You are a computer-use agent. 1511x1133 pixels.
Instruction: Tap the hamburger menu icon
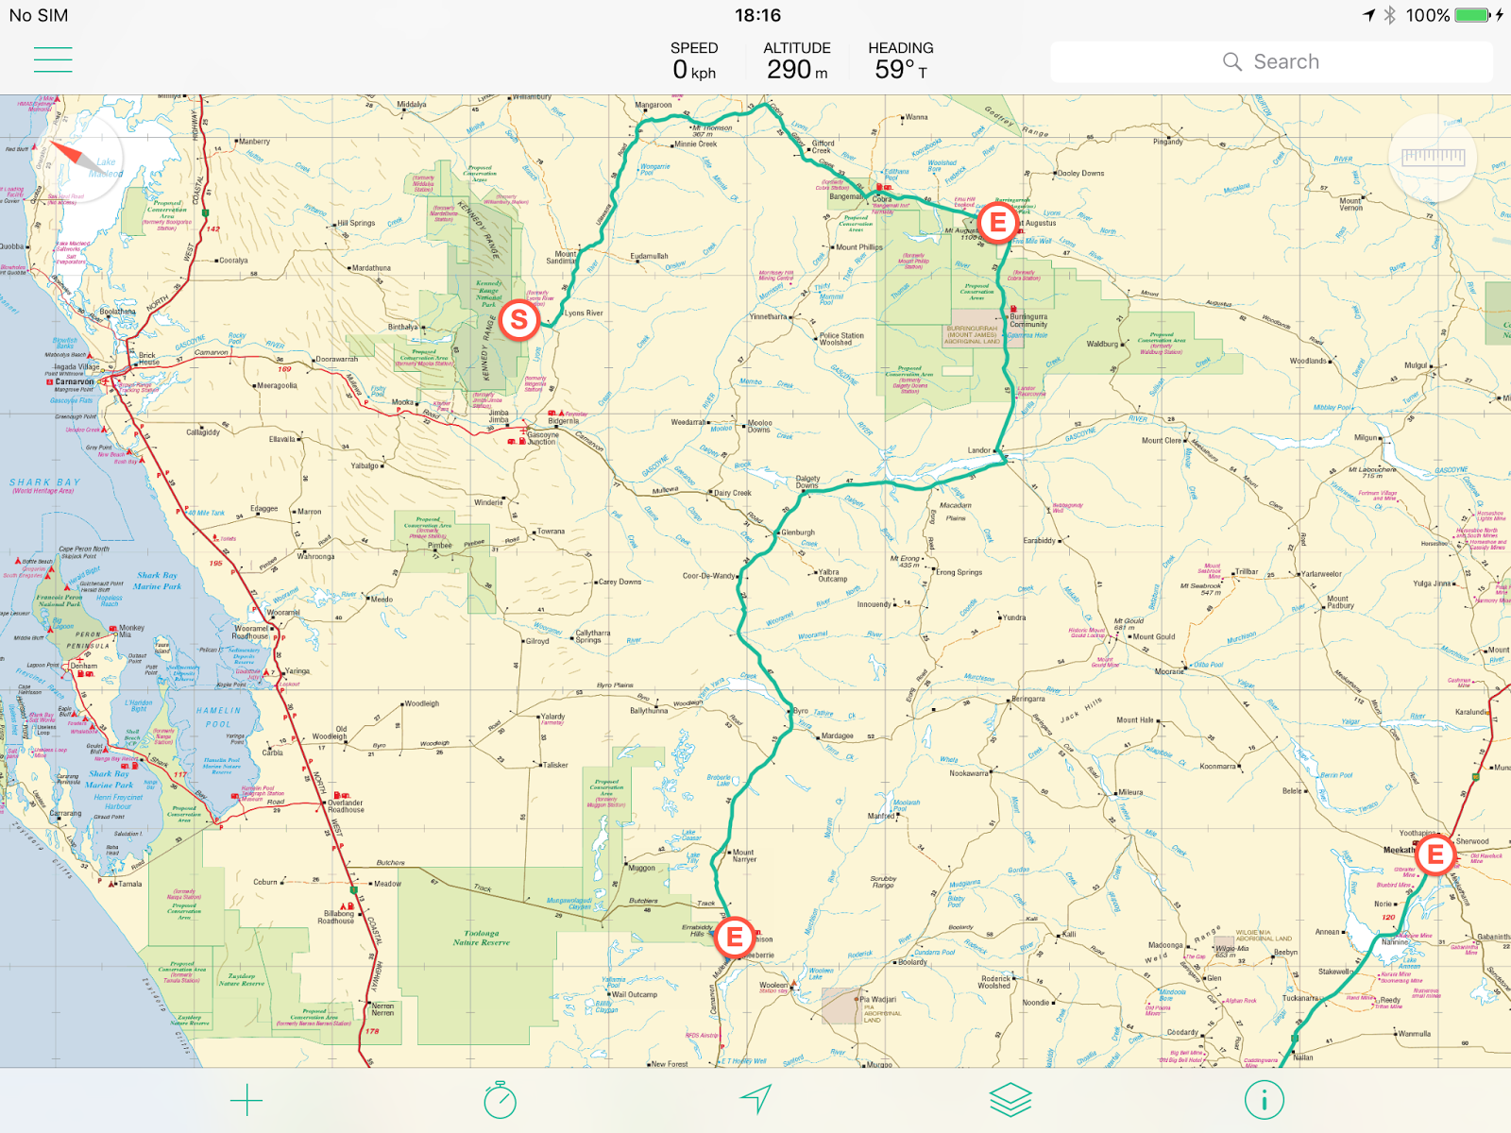[x=53, y=59]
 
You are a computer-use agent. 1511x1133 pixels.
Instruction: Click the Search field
[x=1271, y=62]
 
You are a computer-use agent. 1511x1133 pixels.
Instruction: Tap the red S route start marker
[x=518, y=320]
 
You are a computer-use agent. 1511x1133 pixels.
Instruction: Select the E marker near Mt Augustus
[x=997, y=224]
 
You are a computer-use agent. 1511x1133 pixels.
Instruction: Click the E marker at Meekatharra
[x=1435, y=854]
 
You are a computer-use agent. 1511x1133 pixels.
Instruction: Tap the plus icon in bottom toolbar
[x=246, y=1100]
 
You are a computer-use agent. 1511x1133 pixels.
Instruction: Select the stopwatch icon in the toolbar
[x=500, y=1100]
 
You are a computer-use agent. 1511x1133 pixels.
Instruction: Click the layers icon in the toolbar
[x=1010, y=1100]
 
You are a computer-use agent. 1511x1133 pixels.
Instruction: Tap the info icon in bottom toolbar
[x=1264, y=1100]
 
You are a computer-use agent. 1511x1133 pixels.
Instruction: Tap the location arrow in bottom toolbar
[x=755, y=1099]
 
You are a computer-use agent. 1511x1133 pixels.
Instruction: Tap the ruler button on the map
[x=1433, y=158]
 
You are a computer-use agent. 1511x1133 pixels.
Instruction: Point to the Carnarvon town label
[x=74, y=382]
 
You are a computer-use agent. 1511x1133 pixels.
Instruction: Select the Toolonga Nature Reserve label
[x=481, y=938]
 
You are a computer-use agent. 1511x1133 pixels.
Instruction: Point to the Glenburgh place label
[x=798, y=533]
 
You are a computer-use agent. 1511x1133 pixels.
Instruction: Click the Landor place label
[x=979, y=450]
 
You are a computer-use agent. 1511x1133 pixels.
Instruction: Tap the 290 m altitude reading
[x=796, y=70]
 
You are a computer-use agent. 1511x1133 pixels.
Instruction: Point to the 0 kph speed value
[x=694, y=70]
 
